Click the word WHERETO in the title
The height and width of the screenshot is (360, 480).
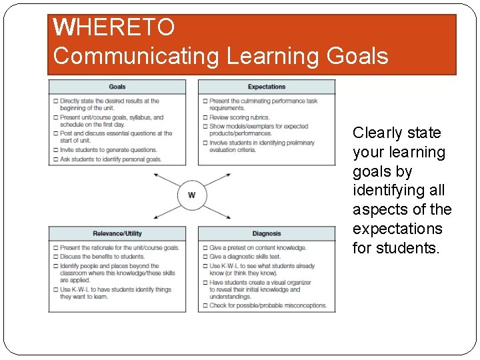[114, 27]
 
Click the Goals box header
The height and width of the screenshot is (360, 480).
[117, 87]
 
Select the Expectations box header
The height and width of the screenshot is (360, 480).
[267, 87]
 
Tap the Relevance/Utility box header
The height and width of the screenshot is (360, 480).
[117, 233]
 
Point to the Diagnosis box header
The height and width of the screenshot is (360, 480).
[267, 233]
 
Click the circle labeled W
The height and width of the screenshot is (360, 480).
[192, 195]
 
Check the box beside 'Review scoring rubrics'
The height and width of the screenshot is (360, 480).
[205, 117]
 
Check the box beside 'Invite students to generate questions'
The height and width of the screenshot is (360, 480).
[55, 150]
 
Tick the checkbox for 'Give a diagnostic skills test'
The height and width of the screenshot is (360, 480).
[205, 257]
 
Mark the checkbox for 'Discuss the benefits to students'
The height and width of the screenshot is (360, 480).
[55, 257]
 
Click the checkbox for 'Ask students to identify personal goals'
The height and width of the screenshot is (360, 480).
[55, 159]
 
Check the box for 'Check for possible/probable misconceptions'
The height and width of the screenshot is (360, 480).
[205, 306]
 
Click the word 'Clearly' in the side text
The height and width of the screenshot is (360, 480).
[378, 133]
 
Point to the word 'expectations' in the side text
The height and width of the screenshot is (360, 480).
[397, 229]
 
